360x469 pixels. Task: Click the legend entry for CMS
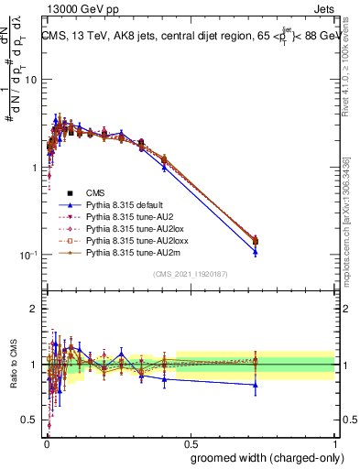click(95, 192)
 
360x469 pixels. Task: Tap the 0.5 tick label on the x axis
click(191, 442)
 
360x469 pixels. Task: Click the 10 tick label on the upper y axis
click(29, 80)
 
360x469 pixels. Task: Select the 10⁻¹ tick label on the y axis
click(27, 256)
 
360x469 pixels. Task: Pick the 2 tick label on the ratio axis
click(34, 309)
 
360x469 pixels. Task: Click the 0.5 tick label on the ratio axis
click(29, 420)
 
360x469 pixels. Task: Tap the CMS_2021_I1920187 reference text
click(190, 273)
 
